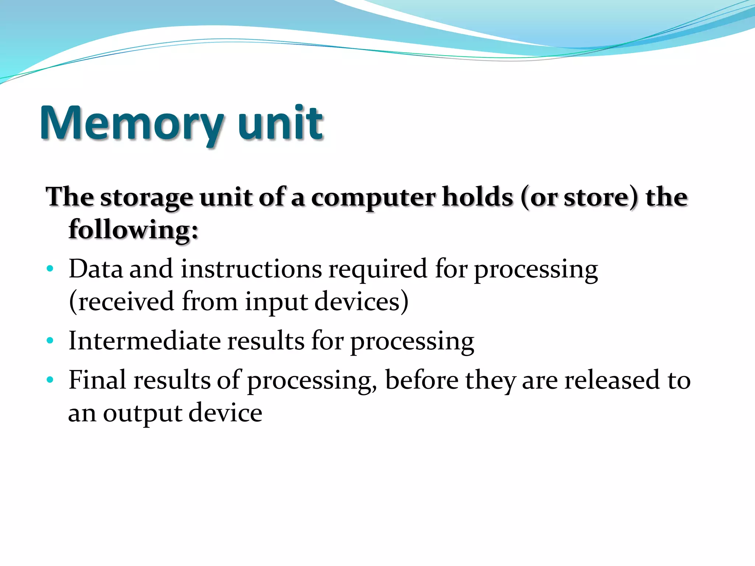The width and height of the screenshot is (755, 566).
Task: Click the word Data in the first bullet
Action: (x=95, y=269)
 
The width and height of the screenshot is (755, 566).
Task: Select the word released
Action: (x=612, y=380)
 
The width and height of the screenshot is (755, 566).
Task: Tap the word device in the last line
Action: (x=226, y=413)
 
